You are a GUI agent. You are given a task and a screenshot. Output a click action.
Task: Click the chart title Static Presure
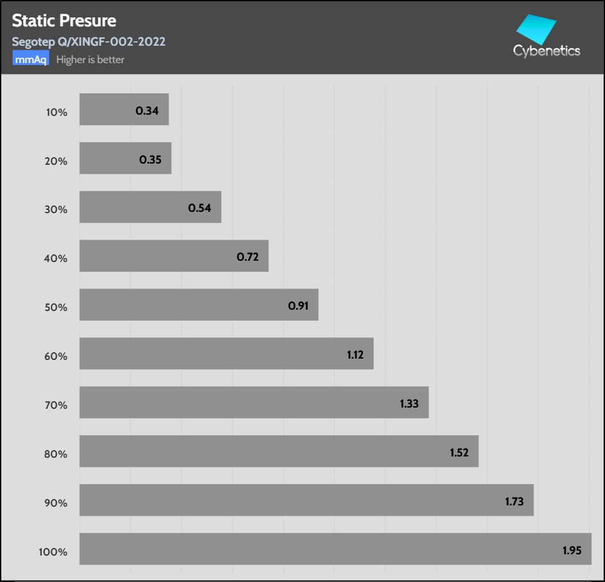64,21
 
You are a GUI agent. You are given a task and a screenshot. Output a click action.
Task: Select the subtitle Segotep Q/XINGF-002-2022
89,42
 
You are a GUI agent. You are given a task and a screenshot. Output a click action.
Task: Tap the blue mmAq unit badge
31,60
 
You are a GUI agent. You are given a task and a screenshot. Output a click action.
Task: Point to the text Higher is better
90,60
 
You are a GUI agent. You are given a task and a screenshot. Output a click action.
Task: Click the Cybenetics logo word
546,51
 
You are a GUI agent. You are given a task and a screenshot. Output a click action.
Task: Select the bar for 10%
124,109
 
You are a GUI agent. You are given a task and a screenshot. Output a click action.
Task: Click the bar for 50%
199,305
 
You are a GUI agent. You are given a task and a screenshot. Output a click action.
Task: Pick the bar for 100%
335,549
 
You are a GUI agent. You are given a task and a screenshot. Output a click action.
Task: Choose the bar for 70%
254,402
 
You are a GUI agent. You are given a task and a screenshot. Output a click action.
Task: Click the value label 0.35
150,159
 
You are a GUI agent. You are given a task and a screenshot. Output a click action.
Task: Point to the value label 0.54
200,208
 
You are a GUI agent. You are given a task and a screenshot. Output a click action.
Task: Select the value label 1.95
573,550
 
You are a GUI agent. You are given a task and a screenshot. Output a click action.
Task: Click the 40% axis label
56,258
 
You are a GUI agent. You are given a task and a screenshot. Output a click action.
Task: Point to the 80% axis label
56,454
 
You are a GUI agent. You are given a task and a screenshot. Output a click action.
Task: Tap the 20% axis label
56,161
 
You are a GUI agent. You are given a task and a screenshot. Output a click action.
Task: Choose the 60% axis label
56,356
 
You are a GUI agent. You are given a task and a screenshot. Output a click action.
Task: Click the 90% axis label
56,503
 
